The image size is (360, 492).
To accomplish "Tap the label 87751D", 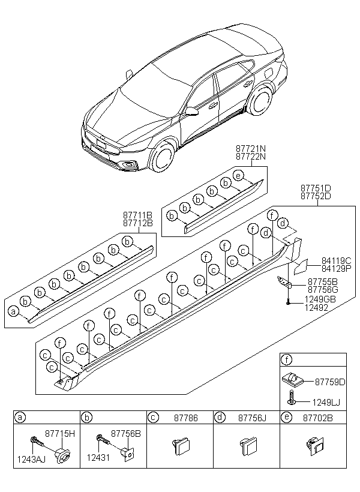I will click(317, 188).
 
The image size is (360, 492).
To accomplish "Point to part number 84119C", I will click(336, 261).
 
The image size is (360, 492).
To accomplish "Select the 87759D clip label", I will click(331, 382).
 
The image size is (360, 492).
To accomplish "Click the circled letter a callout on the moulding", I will click(13, 311).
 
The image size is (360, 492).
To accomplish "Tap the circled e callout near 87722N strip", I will click(239, 176).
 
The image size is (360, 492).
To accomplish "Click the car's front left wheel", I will click(162, 158).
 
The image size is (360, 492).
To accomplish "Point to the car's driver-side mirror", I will click(193, 111).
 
